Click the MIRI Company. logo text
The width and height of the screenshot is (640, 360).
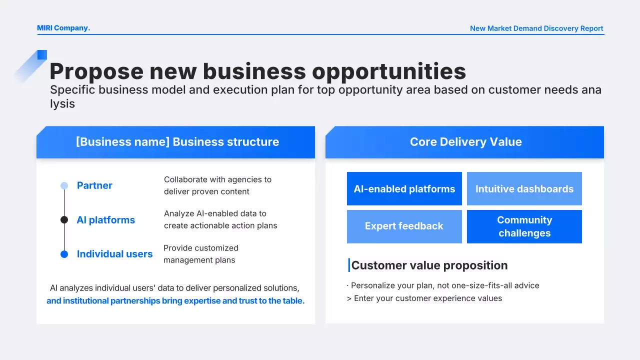point(63,28)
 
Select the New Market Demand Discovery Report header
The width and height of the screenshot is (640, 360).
point(536,28)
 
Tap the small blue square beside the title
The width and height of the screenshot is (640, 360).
point(42,55)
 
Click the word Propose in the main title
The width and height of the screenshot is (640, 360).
point(96,71)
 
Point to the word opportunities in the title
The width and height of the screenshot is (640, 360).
point(389,71)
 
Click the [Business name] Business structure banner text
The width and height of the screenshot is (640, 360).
point(177,141)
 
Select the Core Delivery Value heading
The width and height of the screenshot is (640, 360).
point(465,141)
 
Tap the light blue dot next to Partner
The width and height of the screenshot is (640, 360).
point(64,185)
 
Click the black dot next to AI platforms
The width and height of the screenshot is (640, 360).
point(64,219)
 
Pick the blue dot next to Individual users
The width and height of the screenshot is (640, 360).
point(64,254)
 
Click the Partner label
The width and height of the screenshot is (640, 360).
point(94,185)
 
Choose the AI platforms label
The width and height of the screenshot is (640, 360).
point(105,220)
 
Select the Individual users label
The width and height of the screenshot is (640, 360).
point(114,254)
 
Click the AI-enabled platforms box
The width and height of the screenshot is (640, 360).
point(404,188)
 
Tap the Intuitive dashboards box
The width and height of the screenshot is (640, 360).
point(524,188)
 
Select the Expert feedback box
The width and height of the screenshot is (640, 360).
point(404,226)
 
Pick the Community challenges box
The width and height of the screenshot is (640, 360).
point(524,226)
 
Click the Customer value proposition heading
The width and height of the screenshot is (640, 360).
point(429,265)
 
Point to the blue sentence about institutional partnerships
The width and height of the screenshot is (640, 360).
point(175,301)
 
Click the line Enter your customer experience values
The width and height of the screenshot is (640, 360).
point(424,298)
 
